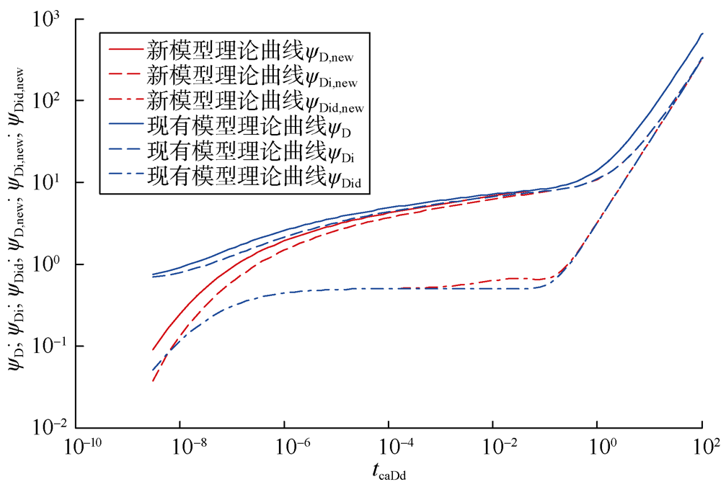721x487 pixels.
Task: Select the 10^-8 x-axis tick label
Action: pyautogui.click(x=182, y=448)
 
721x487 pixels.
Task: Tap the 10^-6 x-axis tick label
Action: pyautogui.click(x=286, y=448)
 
